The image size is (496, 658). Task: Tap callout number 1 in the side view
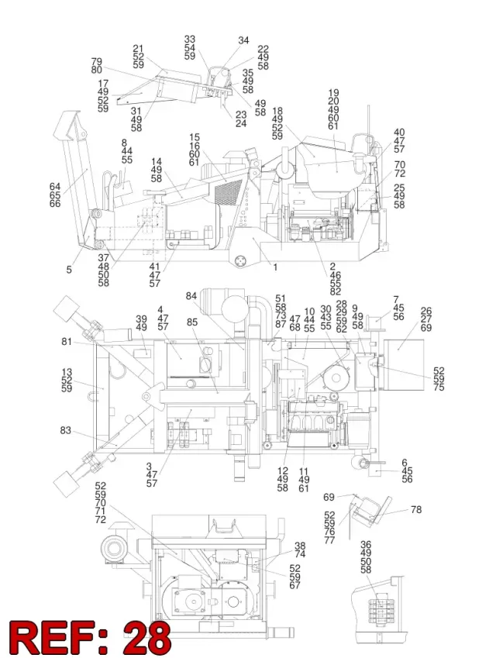click(275, 267)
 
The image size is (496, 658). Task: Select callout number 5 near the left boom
click(69, 270)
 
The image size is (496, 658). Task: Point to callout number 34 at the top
click(243, 40)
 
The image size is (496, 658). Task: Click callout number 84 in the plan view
click(191, 296)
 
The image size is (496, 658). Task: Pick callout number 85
click(192, 322)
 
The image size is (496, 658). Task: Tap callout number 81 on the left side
click(67, 342)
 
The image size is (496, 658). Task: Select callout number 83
click(65, 431)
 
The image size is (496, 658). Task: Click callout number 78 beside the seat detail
click(416, 509)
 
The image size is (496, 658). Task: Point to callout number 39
click(141, 319)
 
